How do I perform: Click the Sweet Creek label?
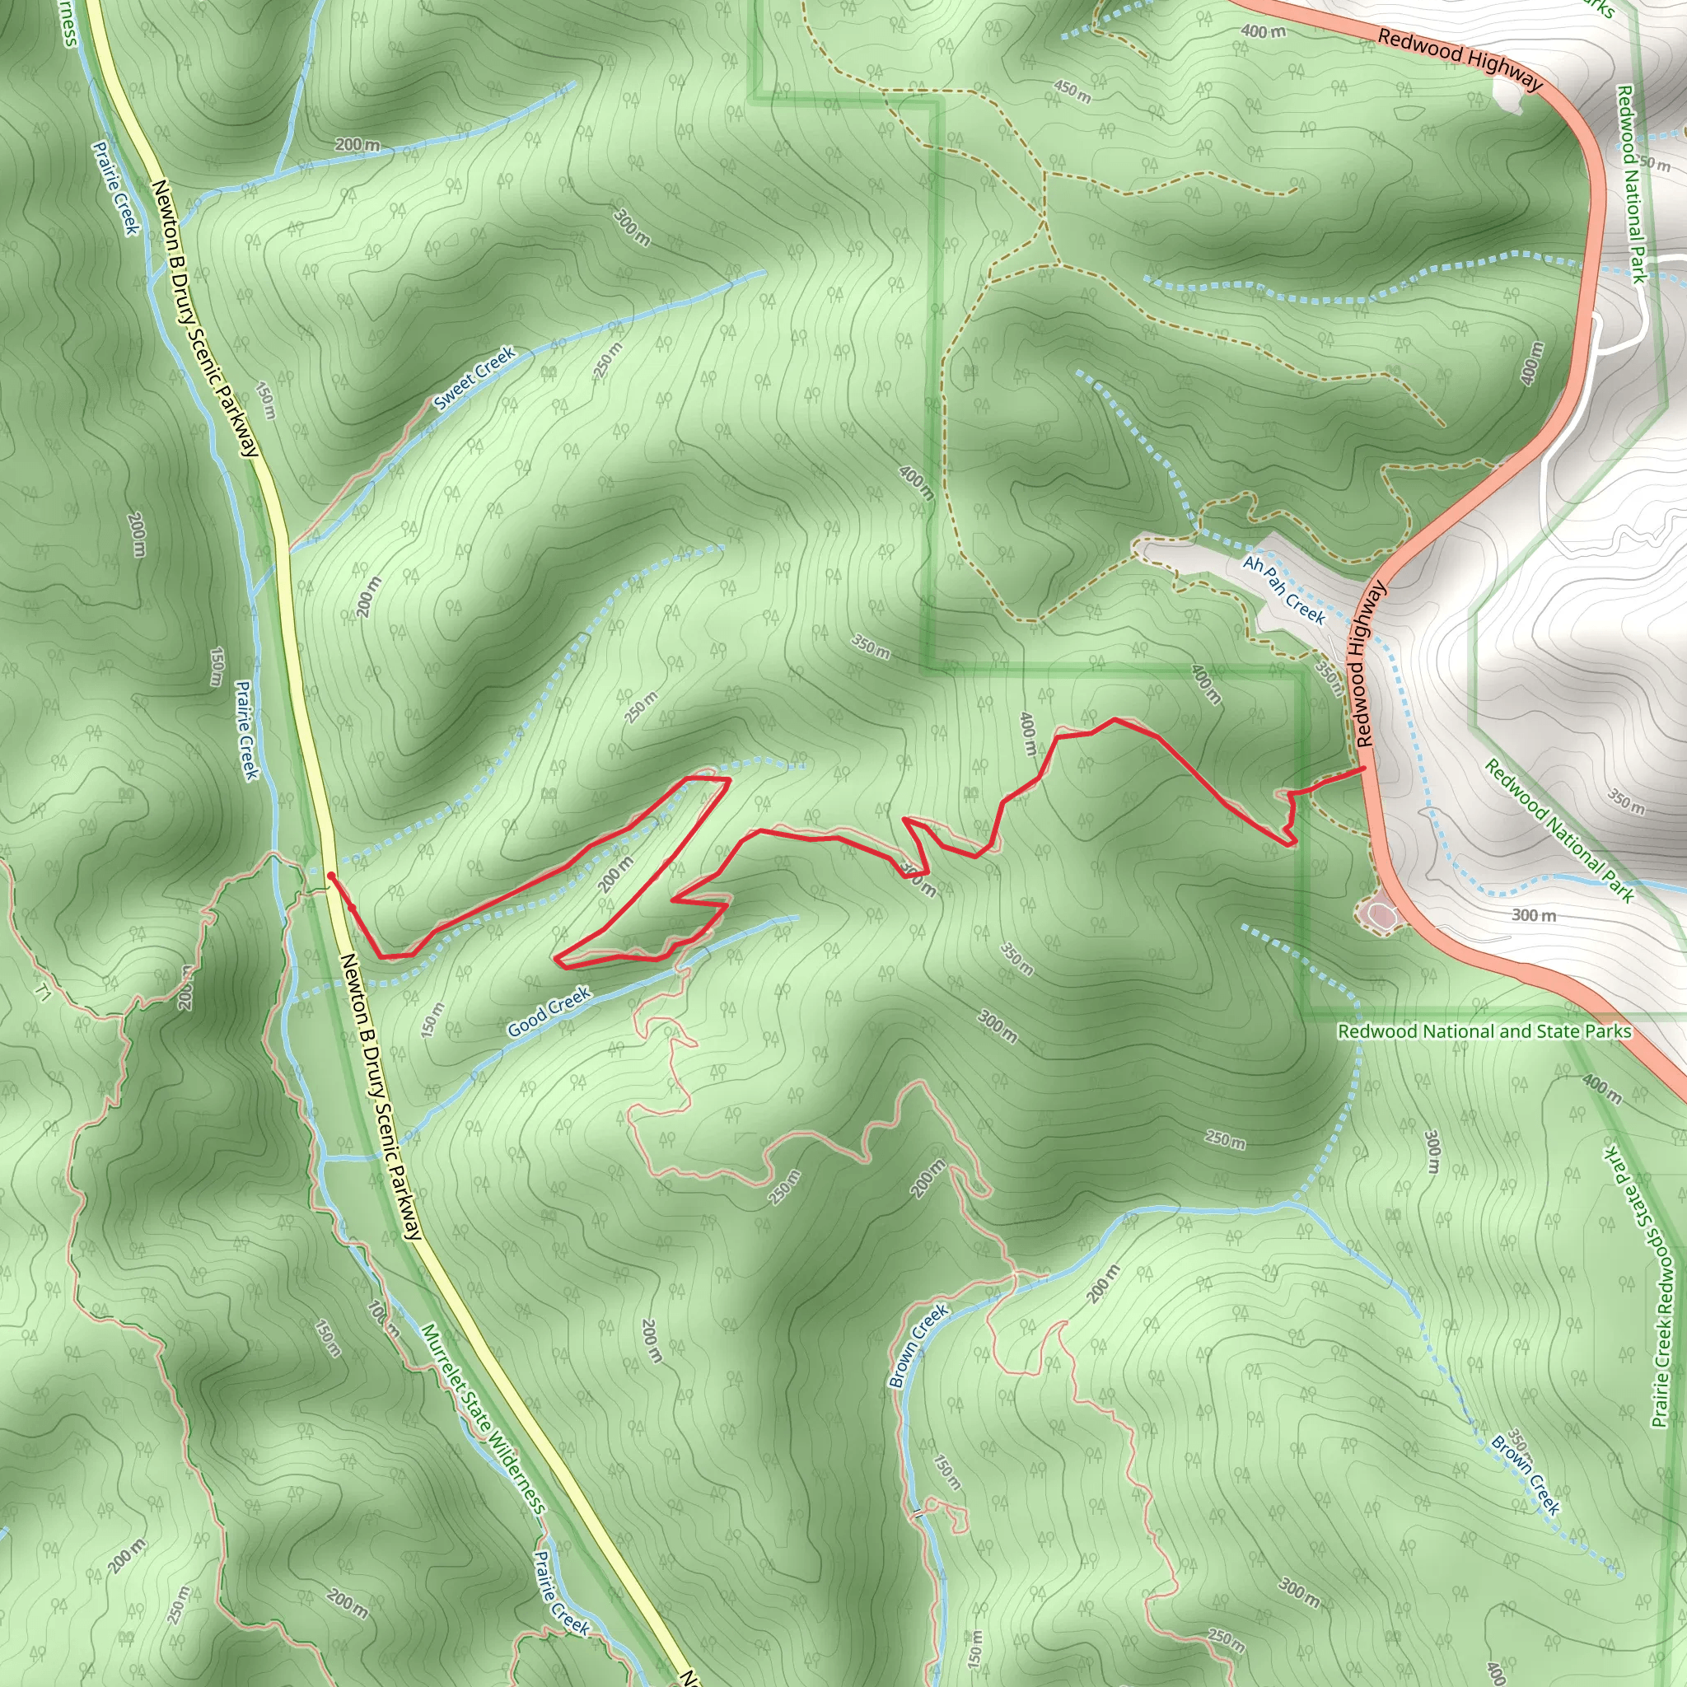coord(474,378)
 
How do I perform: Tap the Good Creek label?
coord(549,1012)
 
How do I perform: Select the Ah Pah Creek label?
coord(1284,591)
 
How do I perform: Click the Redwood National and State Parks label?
coord(1484,1031)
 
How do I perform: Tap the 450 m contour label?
coord(1072,91)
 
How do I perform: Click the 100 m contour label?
coord(382,1320)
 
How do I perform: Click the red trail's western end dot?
coord(331,874)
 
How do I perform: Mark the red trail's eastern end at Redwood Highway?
coord(1364,769)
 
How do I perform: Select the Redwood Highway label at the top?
coord(1460,59)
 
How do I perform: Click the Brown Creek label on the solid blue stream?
coord(918,1346)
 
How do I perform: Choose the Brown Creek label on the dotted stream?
coord(1526,1474)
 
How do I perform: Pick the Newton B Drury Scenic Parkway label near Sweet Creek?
coord(205,318)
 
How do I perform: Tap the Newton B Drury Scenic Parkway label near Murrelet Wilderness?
coord(381,1096)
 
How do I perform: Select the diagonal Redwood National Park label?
coord(1558,830)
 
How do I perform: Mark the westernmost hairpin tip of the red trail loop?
coord(556,959)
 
